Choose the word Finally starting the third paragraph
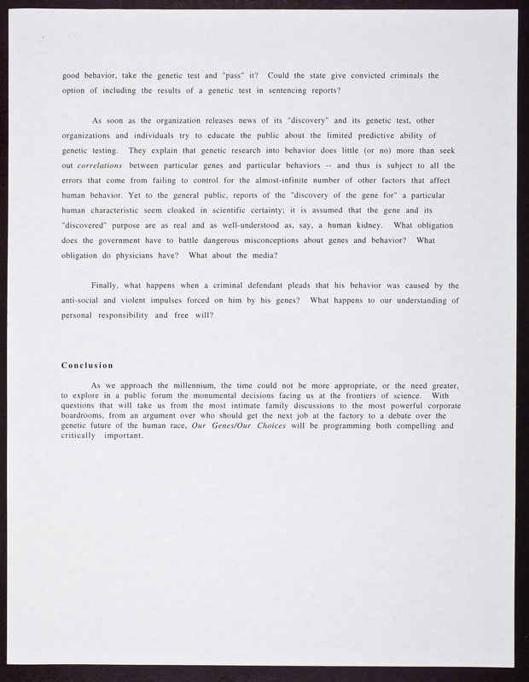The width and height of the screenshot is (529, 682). click(x=108, y=285)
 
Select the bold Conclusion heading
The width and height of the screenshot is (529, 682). click(x=88, y=366)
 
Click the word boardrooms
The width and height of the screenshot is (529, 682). click(x=88, y=416)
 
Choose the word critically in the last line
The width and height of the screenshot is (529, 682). click(x=79, y=436)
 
